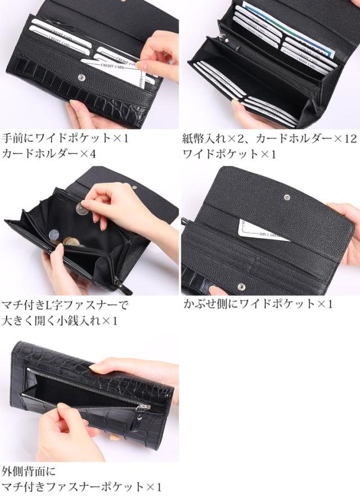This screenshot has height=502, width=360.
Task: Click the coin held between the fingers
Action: [81, 209]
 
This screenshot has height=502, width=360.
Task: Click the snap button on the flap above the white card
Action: [287, 197]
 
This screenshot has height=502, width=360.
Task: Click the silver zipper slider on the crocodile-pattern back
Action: [145, 407]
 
